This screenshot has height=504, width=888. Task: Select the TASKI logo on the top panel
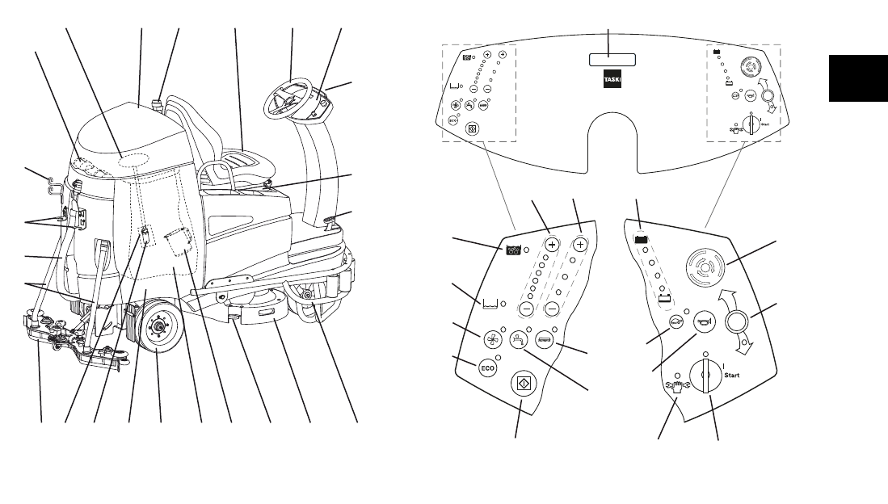coord(611,83)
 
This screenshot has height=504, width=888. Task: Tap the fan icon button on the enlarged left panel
coord(491,339)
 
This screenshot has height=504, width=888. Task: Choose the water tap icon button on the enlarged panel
coord(518,341)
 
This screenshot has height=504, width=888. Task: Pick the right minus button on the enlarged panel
coord(553,309)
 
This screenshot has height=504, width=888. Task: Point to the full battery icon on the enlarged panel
coord(642,239)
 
